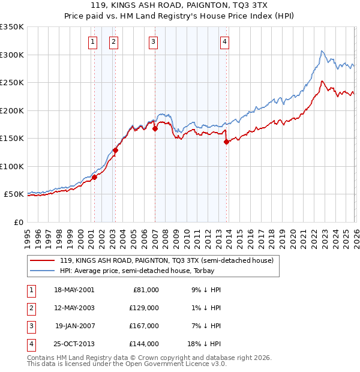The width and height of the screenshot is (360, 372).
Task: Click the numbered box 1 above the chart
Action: (94, 41)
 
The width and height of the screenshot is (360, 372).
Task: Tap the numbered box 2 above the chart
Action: (113, 41)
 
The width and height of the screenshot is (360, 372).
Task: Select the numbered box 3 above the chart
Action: (153, 41)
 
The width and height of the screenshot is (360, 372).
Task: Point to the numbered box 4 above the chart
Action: (224, 41)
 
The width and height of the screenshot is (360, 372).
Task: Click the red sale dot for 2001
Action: (94, 177)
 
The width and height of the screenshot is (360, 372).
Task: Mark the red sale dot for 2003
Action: (115, 151)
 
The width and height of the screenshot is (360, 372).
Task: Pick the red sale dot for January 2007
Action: (155, 128)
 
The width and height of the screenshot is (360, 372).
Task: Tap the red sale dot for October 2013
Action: (226, 142)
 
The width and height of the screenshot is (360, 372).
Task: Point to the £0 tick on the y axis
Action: (19, 222)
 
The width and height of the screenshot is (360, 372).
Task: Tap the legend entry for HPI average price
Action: (150, 271)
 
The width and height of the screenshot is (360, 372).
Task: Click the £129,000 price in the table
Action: (144, 307)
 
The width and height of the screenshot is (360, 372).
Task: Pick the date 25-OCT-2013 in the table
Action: (74, 344)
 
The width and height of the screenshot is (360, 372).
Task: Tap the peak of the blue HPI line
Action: (322, 51)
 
